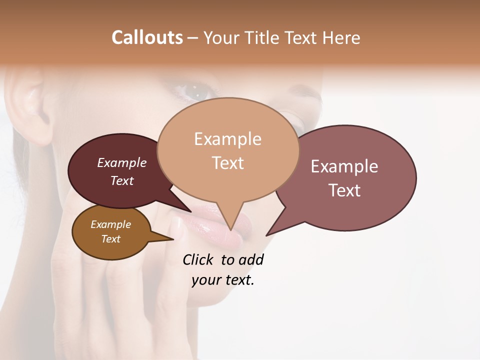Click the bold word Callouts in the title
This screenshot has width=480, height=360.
[x=147, y=37]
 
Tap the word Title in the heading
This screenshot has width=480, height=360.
[x=263, y=37]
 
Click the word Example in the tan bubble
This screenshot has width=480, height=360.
[x=227, y=139]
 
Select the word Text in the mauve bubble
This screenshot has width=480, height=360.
[x=344, y=190]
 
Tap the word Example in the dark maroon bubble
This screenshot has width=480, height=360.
[x=121, y=162]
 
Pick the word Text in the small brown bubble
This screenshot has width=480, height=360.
[x=111, y=239]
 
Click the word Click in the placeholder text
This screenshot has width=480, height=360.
[x=198, y=259]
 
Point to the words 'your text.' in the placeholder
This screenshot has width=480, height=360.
[x=223, y=280]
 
